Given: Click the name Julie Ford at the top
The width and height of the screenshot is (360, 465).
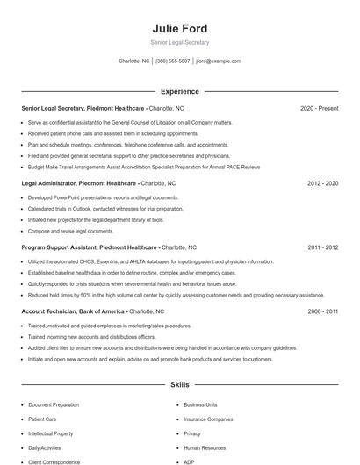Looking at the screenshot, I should pos(179,28).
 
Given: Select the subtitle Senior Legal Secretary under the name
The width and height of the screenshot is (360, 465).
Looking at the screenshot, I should pos(179,42).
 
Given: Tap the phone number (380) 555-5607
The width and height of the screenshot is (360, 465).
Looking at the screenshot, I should pos(173,61).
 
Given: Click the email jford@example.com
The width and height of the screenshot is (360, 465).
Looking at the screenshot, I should pos(218,61).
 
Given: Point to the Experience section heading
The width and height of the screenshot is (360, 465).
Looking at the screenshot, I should pos(179,91).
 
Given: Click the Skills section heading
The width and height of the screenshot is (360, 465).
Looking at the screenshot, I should pos(179,385).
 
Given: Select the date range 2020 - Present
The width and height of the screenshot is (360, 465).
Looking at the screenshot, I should pos(319,108).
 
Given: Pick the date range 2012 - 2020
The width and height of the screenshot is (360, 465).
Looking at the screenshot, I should pos(323,183).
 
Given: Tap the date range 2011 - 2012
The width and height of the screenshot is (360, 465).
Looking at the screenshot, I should pos(323,247).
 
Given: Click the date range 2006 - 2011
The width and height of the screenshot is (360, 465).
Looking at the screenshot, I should pos(323,311).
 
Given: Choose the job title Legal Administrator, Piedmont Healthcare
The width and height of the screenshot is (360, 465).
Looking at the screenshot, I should pos(79,183).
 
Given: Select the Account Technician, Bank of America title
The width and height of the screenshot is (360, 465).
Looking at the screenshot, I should pos(74,311).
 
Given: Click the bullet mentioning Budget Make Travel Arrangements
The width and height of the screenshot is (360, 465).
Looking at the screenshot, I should pos(144,166).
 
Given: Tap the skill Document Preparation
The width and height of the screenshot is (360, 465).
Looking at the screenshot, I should pos(54,405).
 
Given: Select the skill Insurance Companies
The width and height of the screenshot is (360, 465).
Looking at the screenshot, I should pos(208,419).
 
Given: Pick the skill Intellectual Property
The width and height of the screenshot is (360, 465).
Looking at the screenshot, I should pos(51,433).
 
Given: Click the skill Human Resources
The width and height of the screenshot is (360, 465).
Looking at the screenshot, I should pos(205,447).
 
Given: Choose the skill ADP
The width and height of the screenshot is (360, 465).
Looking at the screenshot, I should pos(190,461).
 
